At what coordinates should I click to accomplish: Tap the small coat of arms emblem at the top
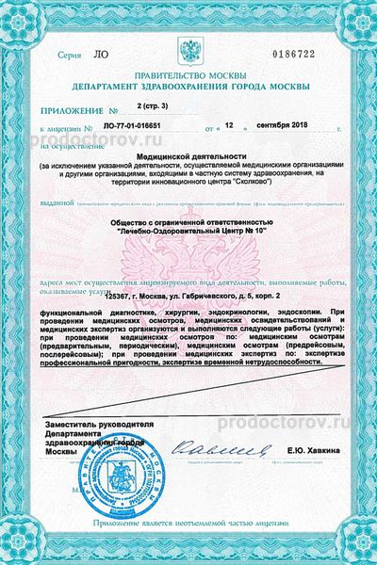click(x=192, y=49)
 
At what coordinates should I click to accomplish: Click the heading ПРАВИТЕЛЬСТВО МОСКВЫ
click(x=191, y=78)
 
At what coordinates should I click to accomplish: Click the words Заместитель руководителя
click(x=93, y=426)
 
